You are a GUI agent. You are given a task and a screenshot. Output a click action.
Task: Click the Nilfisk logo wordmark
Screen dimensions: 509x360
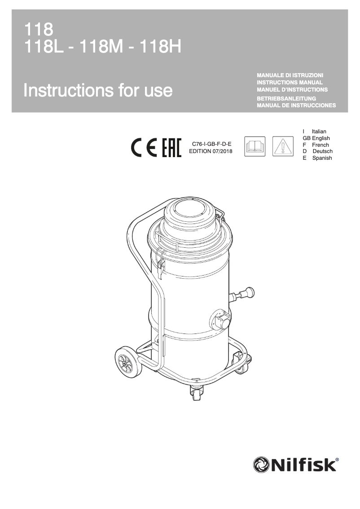point(295,464)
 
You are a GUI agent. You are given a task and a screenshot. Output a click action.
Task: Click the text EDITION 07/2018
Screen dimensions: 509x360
point(211,151)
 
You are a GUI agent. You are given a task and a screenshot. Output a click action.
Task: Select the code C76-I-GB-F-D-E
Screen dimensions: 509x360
point(211,144)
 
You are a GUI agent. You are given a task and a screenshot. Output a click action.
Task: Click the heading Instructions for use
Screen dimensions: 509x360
point(98,90)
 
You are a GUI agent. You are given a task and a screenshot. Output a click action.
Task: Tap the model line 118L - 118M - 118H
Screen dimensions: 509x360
point(103,46)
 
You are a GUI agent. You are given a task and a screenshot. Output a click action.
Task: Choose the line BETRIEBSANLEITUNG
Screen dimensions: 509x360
point(286,98)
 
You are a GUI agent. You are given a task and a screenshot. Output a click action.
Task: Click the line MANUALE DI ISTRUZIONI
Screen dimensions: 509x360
point(290,75)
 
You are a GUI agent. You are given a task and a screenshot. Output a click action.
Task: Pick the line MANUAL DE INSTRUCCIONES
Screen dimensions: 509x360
point(296,105)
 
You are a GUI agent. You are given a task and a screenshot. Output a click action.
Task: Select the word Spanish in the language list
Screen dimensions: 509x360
point(322,158)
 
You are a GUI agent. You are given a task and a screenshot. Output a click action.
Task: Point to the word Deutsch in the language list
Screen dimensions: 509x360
point(322,152)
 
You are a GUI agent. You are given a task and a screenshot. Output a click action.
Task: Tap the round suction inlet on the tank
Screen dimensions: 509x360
point(221,319)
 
